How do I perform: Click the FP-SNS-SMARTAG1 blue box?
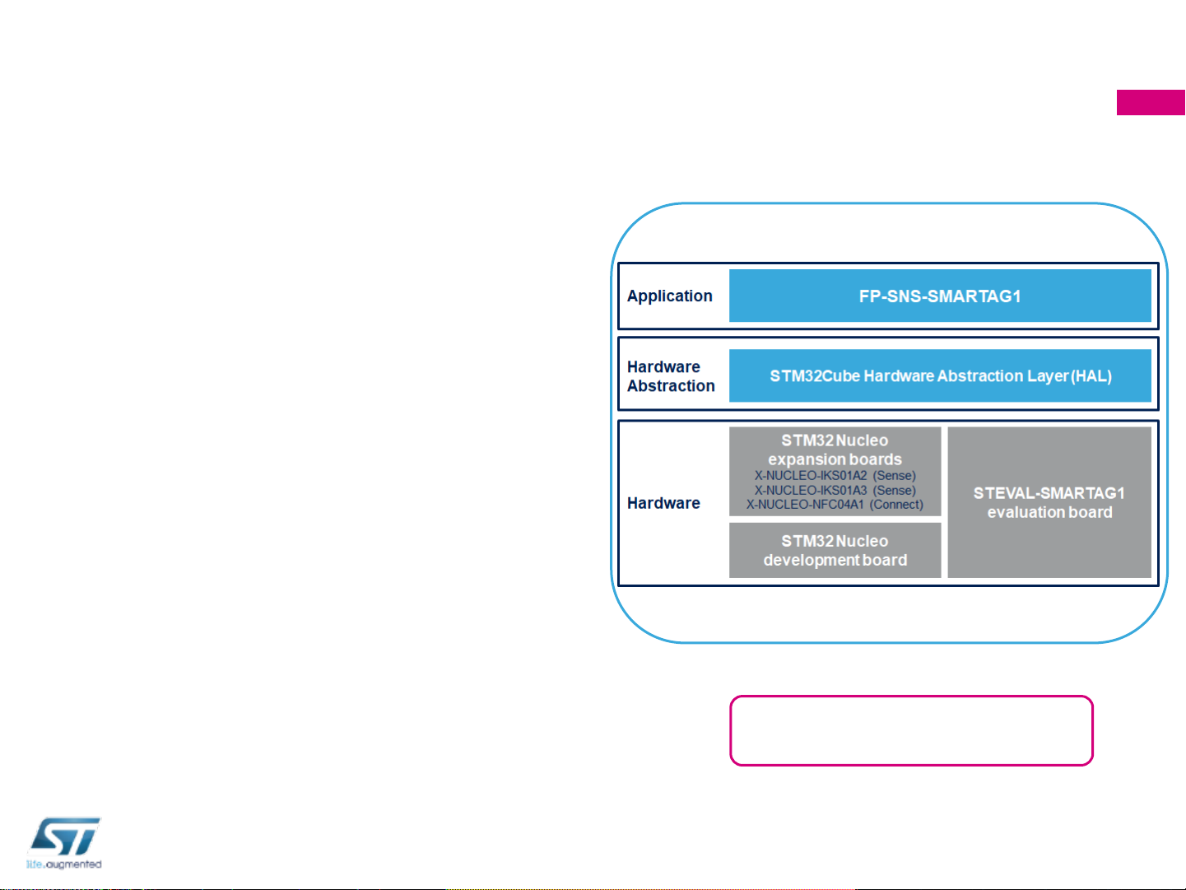click(940, 296)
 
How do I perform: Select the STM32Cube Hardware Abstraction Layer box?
click(940, 376)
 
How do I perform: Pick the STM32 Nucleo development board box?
click(835, 551)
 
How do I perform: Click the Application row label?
click(669, 296)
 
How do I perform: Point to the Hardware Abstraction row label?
click(671, 376)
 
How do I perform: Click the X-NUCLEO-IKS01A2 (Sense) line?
click(835, 476)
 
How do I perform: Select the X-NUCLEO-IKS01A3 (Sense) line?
click(835, 491)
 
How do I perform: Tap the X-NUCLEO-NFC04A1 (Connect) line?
click(835, 505)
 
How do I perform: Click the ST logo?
click(65, 836)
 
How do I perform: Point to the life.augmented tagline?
click(64, 864)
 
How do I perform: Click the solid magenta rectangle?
click(1151, 103)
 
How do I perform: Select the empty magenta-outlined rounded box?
click(911, 731)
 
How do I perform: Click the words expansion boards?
click(835, 459)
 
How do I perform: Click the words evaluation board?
click(1049, 512)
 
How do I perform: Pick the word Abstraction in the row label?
click(671, 386)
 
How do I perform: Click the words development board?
click(835, 561)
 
